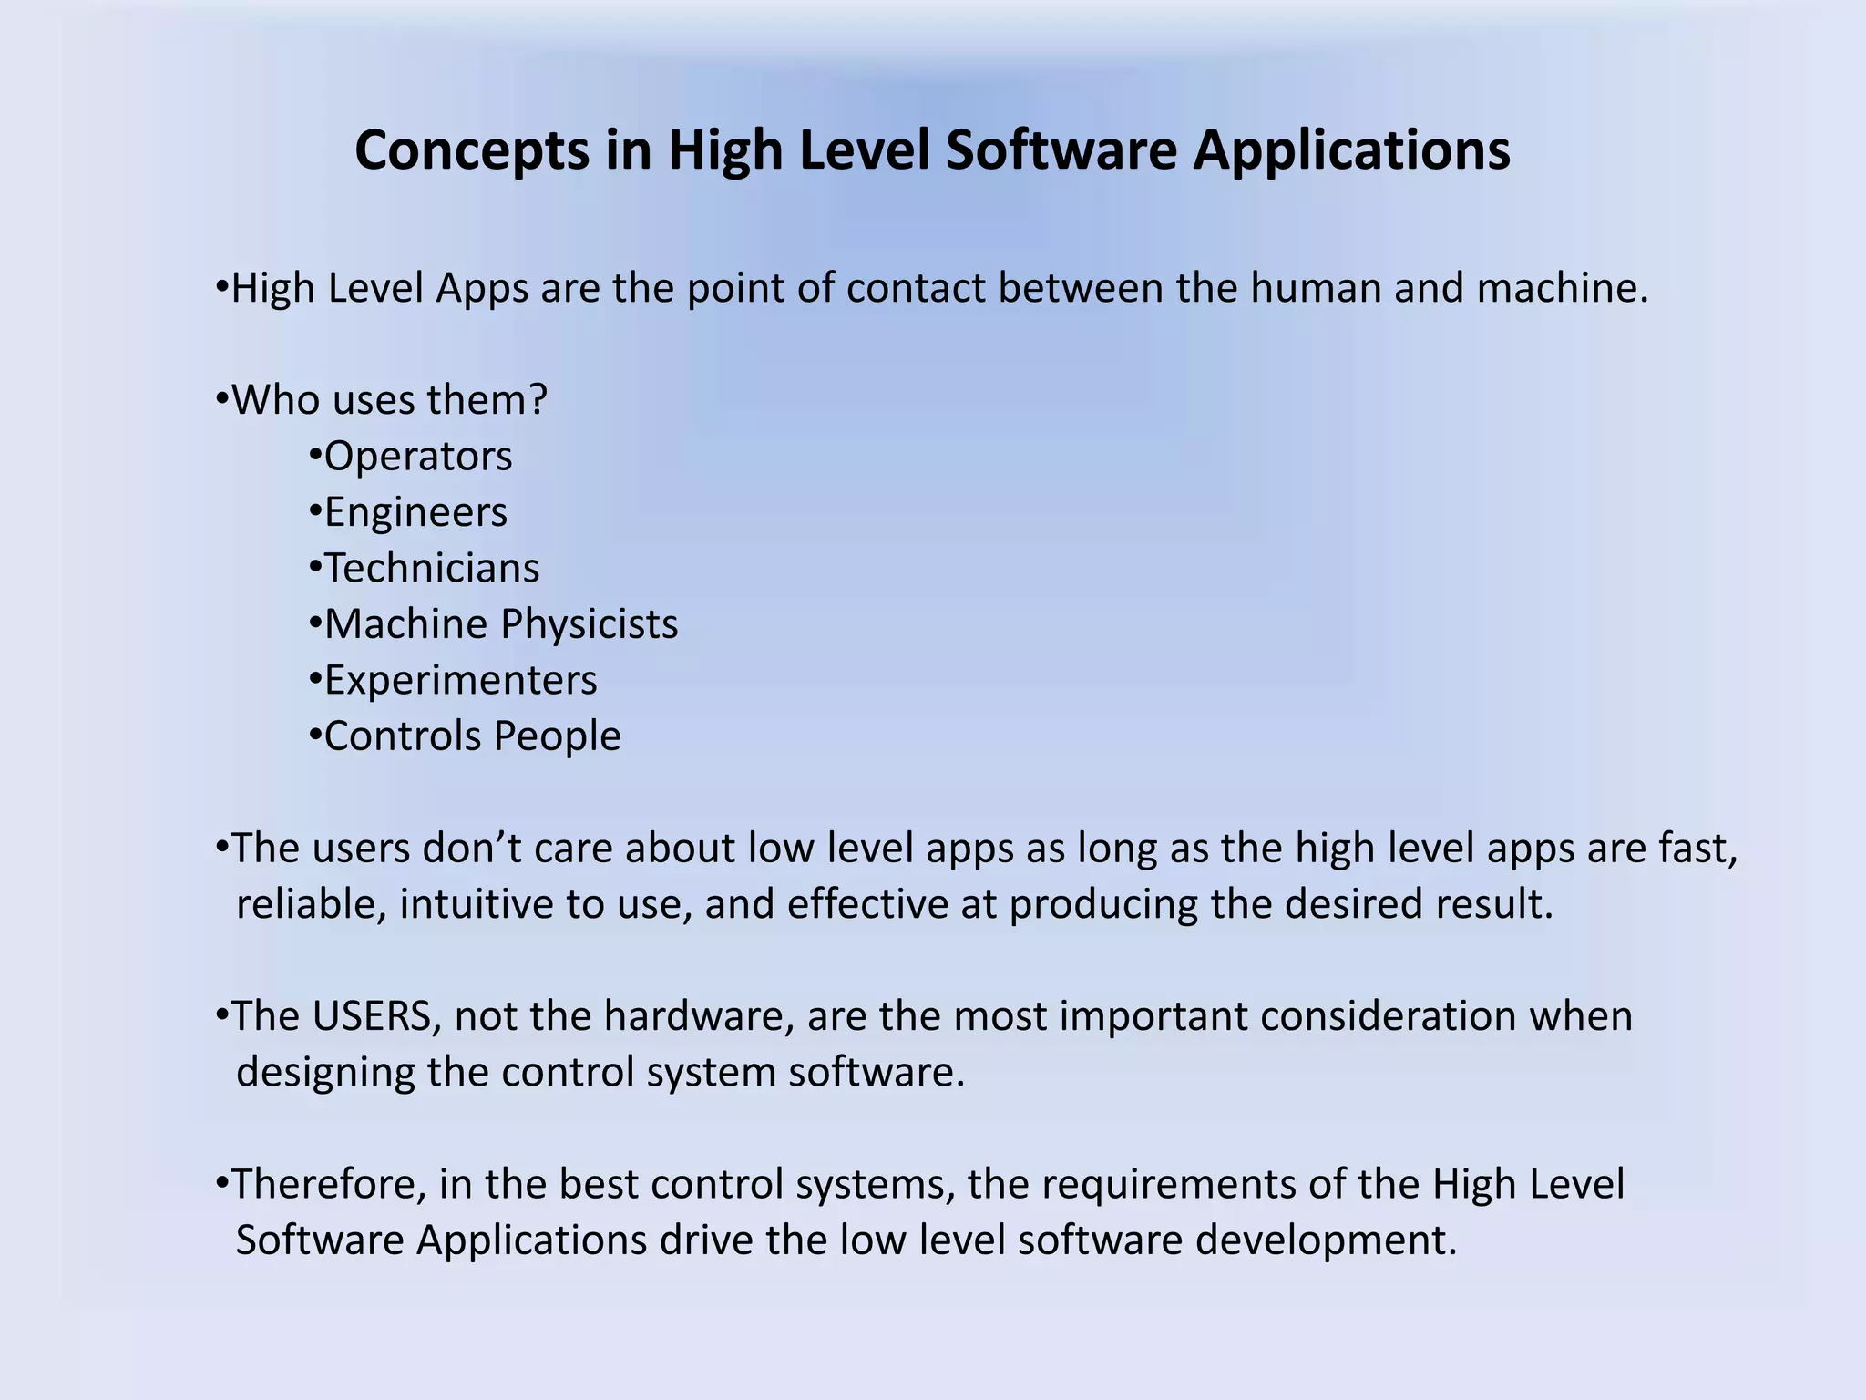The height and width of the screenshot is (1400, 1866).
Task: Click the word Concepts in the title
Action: click(472, 151)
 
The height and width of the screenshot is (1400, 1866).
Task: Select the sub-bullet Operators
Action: click(418, 457)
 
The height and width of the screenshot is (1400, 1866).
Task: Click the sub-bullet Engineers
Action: click(415, 512)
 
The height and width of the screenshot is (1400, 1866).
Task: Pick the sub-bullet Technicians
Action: click(432, 569)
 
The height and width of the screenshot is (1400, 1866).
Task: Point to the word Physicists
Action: click(590, 625)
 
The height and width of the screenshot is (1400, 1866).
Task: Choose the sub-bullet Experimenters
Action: click(460, 681)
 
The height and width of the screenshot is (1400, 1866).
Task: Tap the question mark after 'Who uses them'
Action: click(538, 400)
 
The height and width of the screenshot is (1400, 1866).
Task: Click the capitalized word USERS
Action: click(372, 1016)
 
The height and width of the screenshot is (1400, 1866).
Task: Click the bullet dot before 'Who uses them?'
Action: click(221, 400)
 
